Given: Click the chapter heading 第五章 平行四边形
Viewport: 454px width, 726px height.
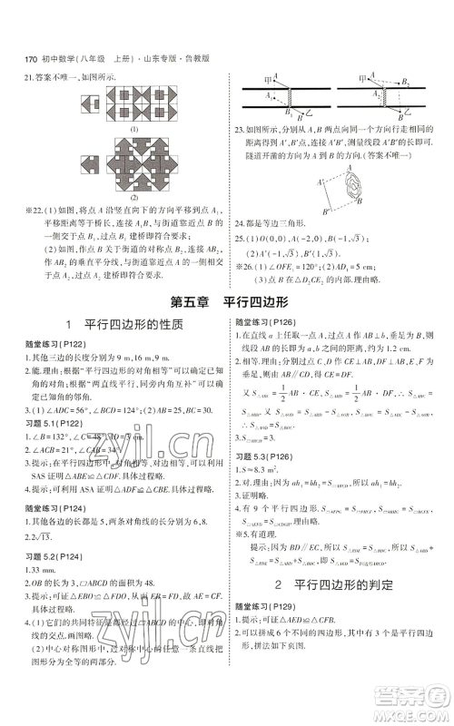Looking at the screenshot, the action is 226,301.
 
